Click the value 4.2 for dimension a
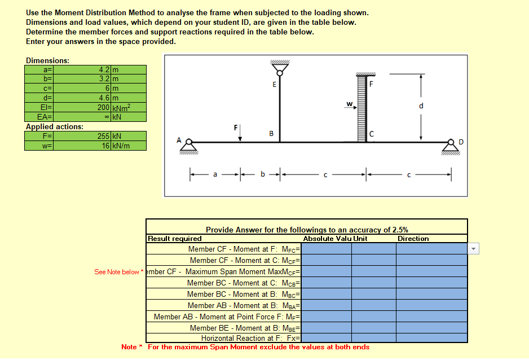pos(104,70)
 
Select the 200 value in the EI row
pos(103,108)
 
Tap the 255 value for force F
pos(103,137)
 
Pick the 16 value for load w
pos(105,146)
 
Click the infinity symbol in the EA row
pos(107,117)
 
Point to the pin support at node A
pos(189,147)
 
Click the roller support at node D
pos(451,147)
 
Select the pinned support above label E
pos(280,68)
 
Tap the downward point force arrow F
pos(240,133)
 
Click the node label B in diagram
pos(271,134)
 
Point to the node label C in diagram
pos(372,134)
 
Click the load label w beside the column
pos(349,104)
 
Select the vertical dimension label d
pos(421,106)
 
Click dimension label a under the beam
pos(215,174)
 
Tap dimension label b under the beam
pos(262,174)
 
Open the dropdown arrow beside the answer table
pos(473,249)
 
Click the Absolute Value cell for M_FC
pos(326,249)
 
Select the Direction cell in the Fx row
pos(431,338)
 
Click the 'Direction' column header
pos(413,239)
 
